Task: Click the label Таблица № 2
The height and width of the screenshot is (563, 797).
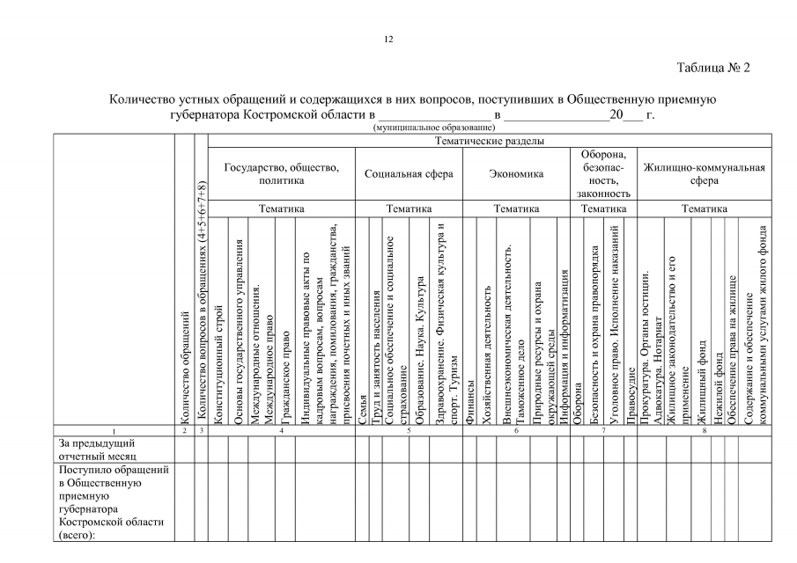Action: pyautogui.click(x=712, y=68)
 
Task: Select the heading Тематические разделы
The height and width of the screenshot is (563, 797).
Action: pyautogui.click(x=491, y=141)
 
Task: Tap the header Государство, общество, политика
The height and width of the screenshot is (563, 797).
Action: pyautogui.click(x=282, y=173)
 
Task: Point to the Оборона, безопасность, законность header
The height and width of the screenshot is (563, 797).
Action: pyautogui.click(x=604, y=173)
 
